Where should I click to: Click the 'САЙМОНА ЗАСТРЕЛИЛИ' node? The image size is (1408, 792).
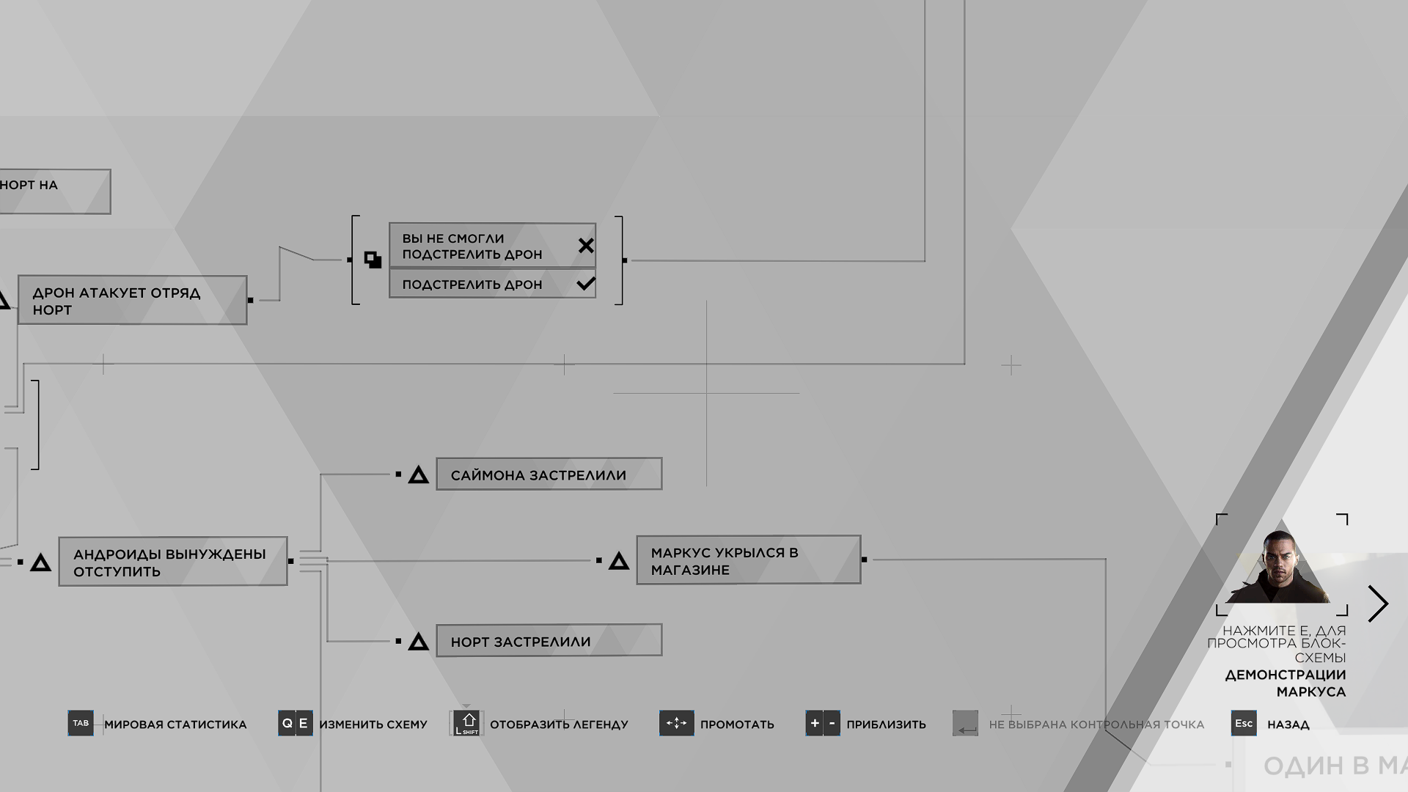[549, 474]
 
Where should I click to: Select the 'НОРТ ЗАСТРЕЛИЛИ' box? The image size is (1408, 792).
[549, 641]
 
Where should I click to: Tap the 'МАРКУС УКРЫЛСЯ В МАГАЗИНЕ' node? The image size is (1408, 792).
[748, 560]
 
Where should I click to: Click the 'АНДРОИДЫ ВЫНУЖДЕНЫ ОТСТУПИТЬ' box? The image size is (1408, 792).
[173, 562]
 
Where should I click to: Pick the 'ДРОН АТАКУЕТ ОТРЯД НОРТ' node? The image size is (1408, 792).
[132, 301]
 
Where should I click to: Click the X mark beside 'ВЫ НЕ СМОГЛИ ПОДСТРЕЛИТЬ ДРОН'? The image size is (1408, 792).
[586, 246]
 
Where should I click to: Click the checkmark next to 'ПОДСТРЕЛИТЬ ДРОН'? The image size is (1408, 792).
[586, 284]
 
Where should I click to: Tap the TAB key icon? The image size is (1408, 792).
[81, 723]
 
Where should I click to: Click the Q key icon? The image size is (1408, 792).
[287, 723]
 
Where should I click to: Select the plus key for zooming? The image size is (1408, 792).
[814, 723]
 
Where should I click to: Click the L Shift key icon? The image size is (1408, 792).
[467, 723]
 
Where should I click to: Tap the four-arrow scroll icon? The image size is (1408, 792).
[676, 723]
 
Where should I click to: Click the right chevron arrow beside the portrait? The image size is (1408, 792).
[1379, 604]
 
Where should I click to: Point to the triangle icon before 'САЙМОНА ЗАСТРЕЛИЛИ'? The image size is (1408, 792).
[418, 475]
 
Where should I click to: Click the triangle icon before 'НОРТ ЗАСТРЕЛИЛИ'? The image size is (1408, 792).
[418, 642]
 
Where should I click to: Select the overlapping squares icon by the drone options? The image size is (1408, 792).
[373, 260]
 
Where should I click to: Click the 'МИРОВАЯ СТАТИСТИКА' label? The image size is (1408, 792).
[175, 725]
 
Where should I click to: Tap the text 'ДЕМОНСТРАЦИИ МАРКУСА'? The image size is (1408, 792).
[1286, 683]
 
